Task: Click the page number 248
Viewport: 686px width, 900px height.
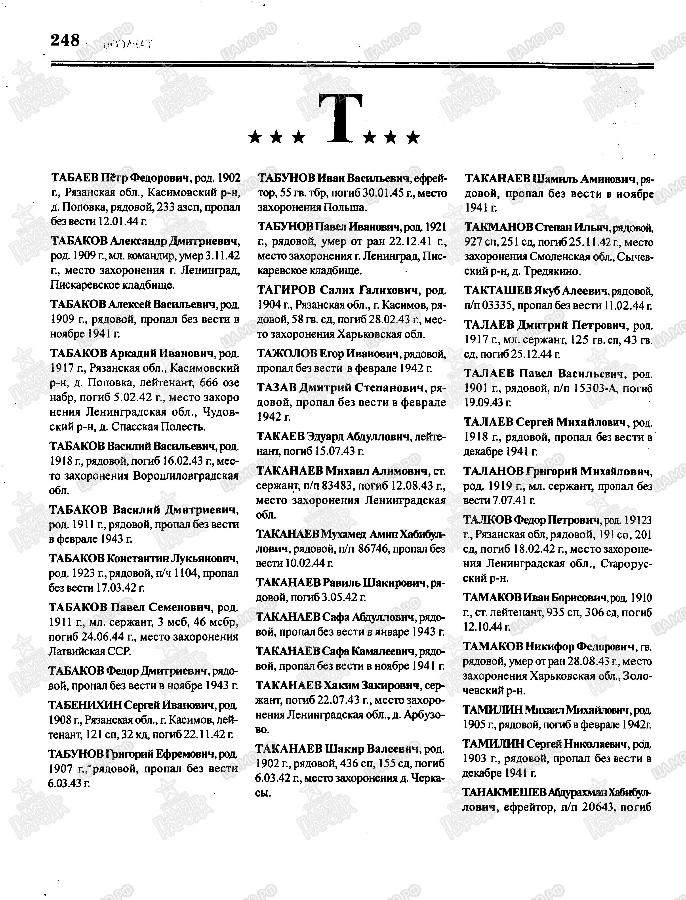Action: (x=65, y=40)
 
